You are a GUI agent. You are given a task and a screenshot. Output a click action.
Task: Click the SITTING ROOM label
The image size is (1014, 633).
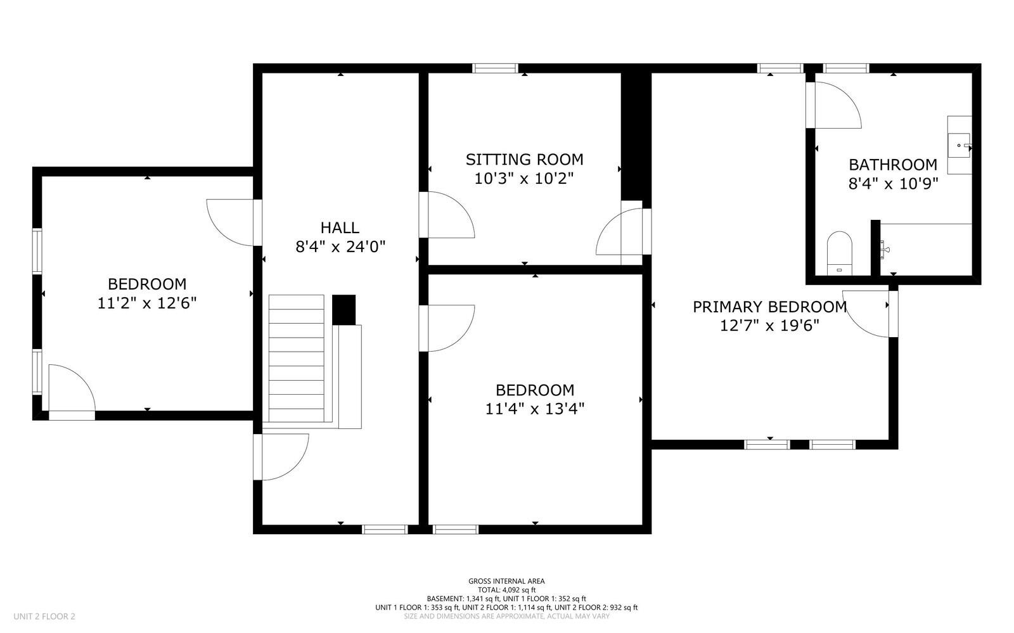pos(524,159)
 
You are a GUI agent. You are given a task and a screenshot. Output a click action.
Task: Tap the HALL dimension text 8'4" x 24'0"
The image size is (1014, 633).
pos(340,246)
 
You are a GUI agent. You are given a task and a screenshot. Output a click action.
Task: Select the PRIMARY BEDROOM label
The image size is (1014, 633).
pos(769,307)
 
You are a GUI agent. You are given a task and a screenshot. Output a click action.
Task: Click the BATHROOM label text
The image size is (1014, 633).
pos(892,165)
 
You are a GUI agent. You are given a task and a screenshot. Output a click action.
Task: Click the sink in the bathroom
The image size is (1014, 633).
pos(959,145)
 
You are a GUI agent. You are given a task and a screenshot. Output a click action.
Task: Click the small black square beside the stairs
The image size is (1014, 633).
pos(343,309)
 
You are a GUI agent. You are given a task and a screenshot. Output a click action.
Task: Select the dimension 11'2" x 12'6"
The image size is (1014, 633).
pos(147,304)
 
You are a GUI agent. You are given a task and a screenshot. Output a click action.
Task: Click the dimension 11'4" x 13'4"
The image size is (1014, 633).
pos(534,409)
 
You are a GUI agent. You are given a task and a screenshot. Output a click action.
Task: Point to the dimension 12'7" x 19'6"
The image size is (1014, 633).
pos(769,326)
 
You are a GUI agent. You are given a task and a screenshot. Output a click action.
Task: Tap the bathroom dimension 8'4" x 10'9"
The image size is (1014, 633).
pos(892,184)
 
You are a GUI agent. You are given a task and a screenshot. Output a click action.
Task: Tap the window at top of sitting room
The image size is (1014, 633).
pos(496,68)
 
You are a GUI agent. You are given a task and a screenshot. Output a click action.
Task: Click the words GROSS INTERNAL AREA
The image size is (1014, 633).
pos(506,581)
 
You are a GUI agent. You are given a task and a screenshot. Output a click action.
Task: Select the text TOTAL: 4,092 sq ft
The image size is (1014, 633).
pos(506,589)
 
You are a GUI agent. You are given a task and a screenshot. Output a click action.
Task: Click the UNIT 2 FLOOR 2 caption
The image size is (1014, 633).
pos(44,616)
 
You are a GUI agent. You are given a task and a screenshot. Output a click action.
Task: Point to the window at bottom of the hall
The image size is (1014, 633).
pos(384,529)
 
